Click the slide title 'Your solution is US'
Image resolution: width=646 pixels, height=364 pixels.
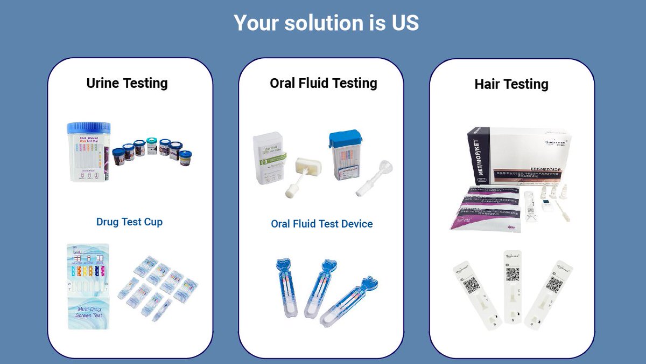(x=326, y=23)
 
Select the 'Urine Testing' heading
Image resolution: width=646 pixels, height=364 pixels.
(x=127, y=83)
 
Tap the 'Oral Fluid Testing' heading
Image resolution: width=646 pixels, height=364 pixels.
(x=323, y=83)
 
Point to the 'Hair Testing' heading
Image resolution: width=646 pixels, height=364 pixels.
(x=511, y=84)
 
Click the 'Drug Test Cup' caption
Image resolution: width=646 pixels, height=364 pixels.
(x=129, y=222)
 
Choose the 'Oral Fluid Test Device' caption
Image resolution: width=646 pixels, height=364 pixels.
(x=321, y=224)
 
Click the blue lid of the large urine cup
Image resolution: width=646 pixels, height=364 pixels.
(x=88, y=128)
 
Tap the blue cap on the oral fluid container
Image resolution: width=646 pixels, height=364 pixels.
(x=345, y=139)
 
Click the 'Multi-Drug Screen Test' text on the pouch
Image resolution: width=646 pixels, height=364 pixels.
(x=89, y=311)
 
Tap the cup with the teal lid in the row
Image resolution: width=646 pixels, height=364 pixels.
(x=152, y=147)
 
